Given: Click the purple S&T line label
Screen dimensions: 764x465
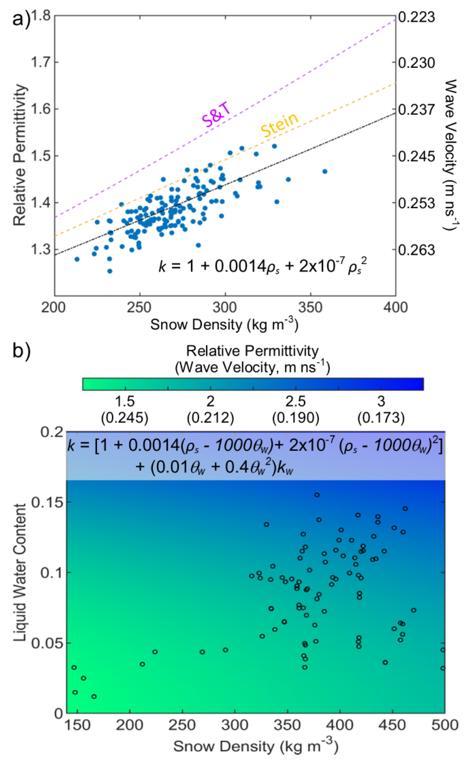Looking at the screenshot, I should (x=216, y=116).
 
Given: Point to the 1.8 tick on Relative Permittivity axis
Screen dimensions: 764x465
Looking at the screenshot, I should (x=41, y=16).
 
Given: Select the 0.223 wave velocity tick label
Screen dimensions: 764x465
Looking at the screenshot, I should (x=416, y=17).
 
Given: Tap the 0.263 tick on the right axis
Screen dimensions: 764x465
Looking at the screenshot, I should (x=416, y=250).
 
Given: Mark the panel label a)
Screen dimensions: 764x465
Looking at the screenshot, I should (x=21, y=19).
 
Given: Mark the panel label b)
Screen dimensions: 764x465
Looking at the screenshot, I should (x=21, y=352).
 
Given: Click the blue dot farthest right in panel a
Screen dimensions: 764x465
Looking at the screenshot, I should (x=325, y=171).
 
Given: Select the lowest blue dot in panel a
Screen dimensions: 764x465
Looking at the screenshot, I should (x=110, y=271).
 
